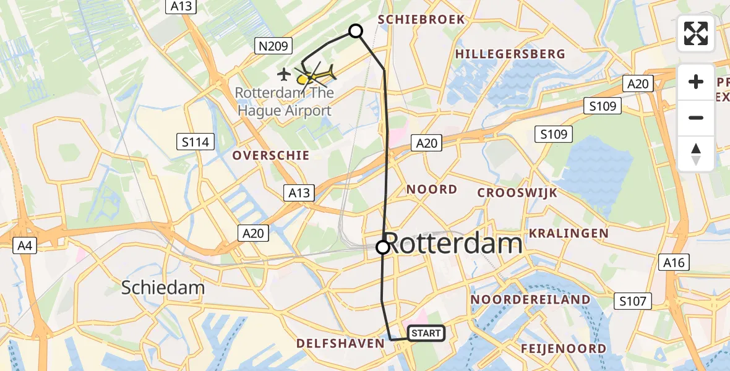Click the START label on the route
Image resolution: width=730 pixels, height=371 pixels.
[426, 333]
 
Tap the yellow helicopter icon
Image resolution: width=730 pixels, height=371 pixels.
[317, 75]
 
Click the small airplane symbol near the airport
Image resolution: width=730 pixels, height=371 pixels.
[284, 75]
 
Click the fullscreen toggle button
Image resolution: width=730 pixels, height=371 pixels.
[696, 33]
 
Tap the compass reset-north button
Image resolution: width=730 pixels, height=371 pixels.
[696, 153]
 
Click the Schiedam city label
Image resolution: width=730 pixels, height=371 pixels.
[163, 288]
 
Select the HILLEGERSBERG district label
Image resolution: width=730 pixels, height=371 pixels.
[510, 54]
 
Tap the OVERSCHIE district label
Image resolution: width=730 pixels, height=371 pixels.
[270, 155]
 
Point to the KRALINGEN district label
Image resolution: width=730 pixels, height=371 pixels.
[569, 233]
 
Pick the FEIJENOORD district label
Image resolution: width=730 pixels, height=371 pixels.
[563, 349]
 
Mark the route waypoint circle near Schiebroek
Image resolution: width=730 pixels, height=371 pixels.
[356, 31]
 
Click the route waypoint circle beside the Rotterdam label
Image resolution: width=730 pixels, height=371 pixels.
[383, 247]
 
